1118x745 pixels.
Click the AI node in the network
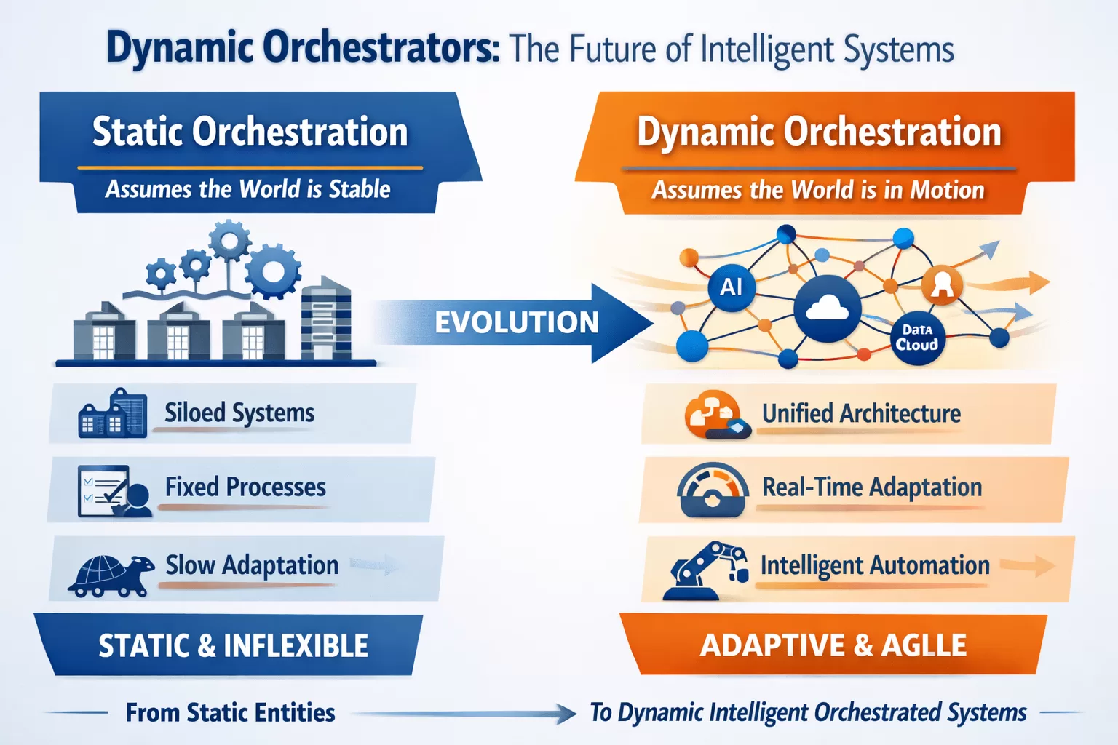click(x=731, y=287)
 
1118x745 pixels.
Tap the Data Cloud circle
click(x=917, y=338)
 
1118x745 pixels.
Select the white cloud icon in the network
click(x=828, y=308)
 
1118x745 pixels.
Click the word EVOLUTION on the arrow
click(x=516, y=322)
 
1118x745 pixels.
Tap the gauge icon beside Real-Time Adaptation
click(x=713, y=490)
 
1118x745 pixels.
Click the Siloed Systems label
click(x=239, y=413)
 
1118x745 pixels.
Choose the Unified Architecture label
click(x=861, y=413)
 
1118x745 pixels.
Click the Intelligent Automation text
click(x=875, y=565)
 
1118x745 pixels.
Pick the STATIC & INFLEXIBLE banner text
click(x=233, y=646)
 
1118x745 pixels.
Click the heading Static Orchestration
click(x=250, y=132)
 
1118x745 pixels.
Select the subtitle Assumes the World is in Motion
click(x=818, y=190)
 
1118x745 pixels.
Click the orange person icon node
click(x=942, y=285)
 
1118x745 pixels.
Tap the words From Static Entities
click(x=230, y=712)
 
